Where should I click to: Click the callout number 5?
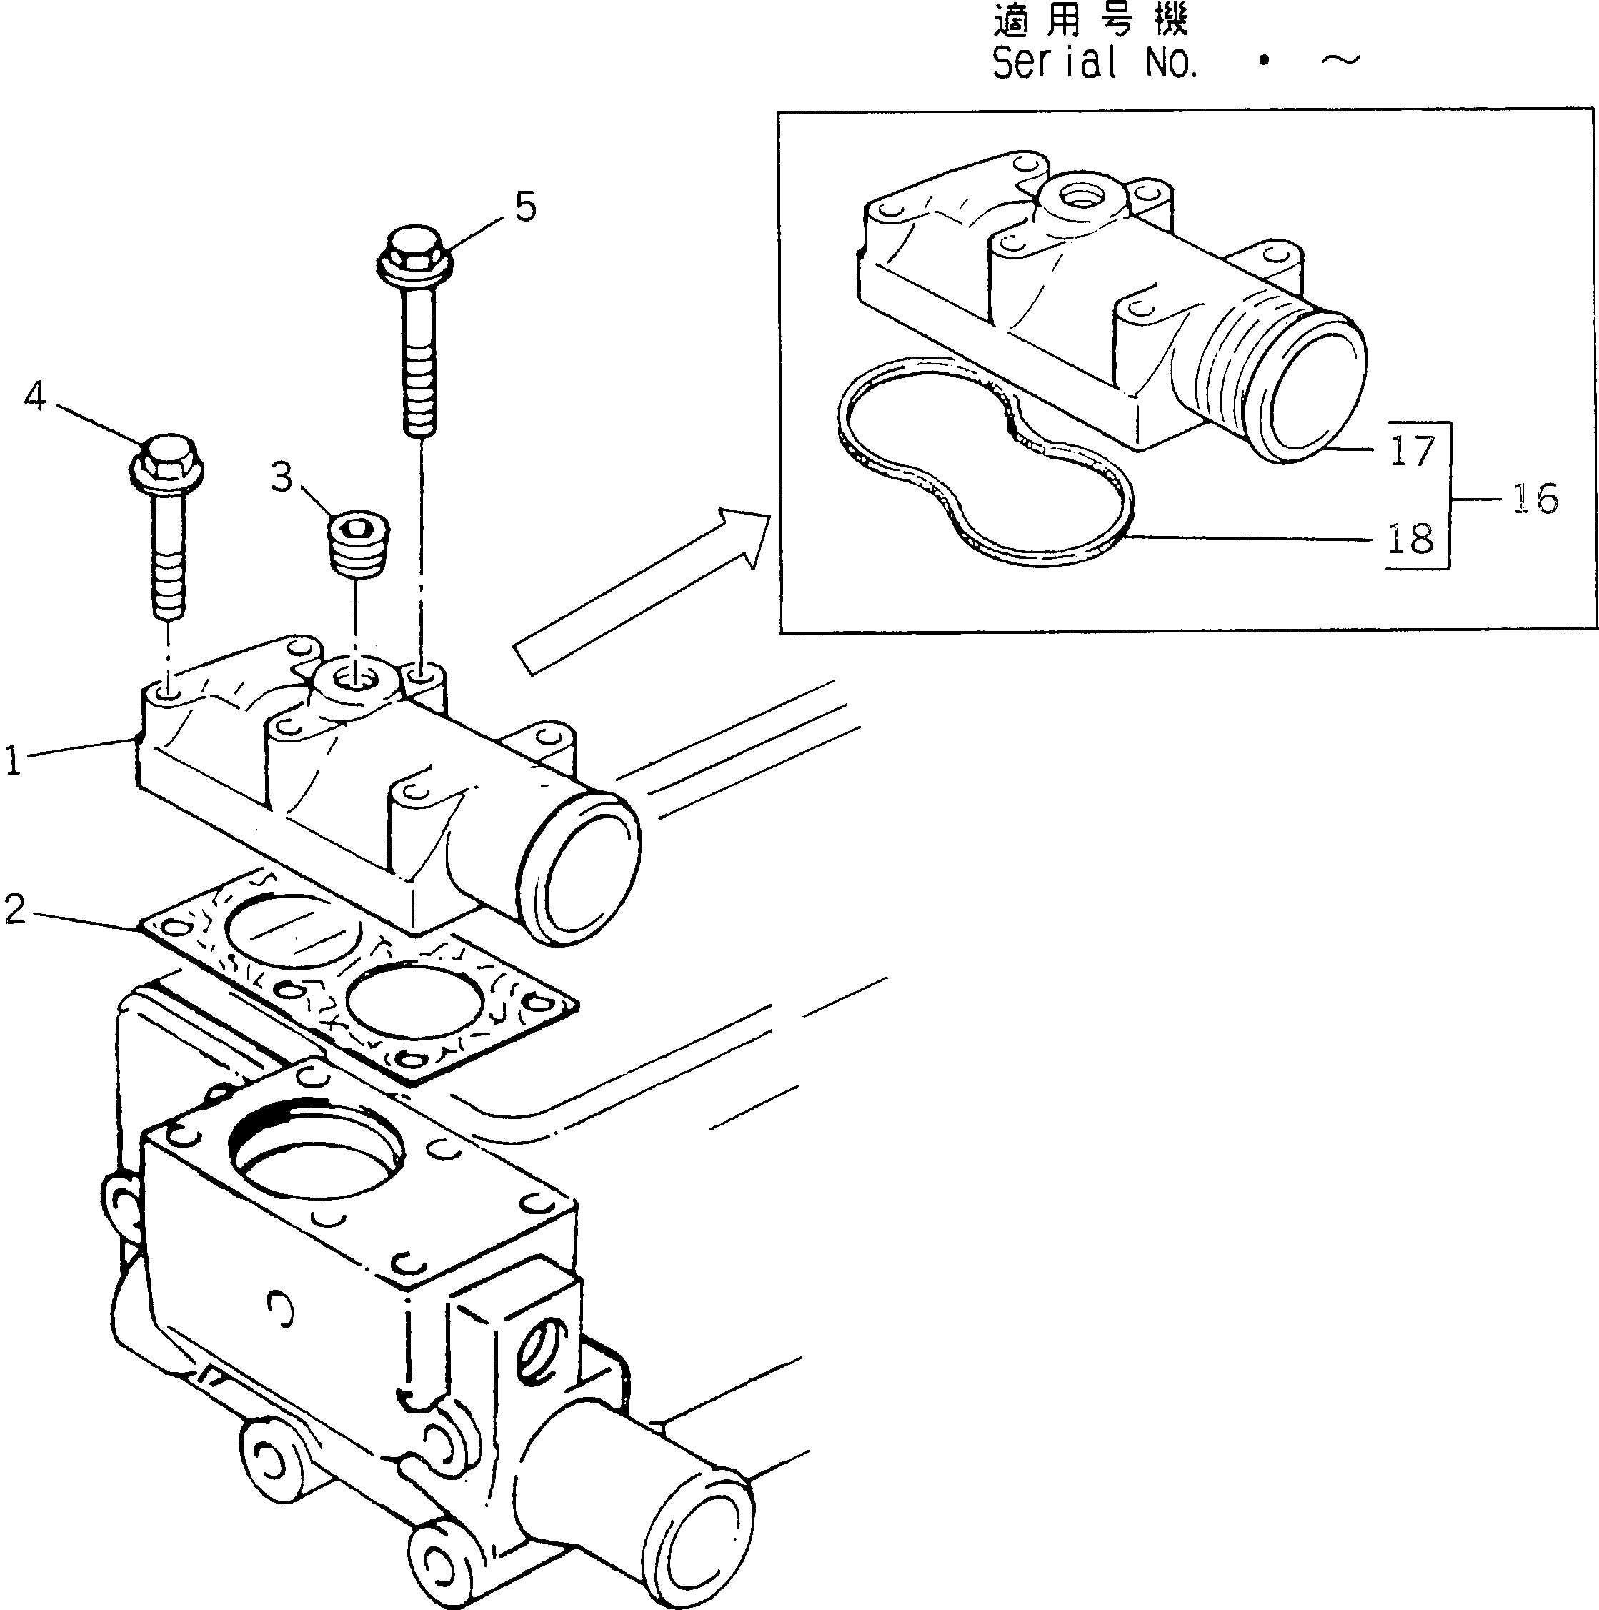pyautogui.click(x=525, y=207)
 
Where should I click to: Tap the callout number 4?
pyautogui.click(x=35, y=397)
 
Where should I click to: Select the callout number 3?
pyautogui.click(x=282, y=477)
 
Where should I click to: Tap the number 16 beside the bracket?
pyautogui.click(x=1534, y=500)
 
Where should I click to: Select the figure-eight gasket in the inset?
pyautogui.click(x=983, y=467)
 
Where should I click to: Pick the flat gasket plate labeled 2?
pyautogui.click(x=358, y=975)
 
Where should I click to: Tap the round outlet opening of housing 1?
pyautogui.click(x=583, y=867)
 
